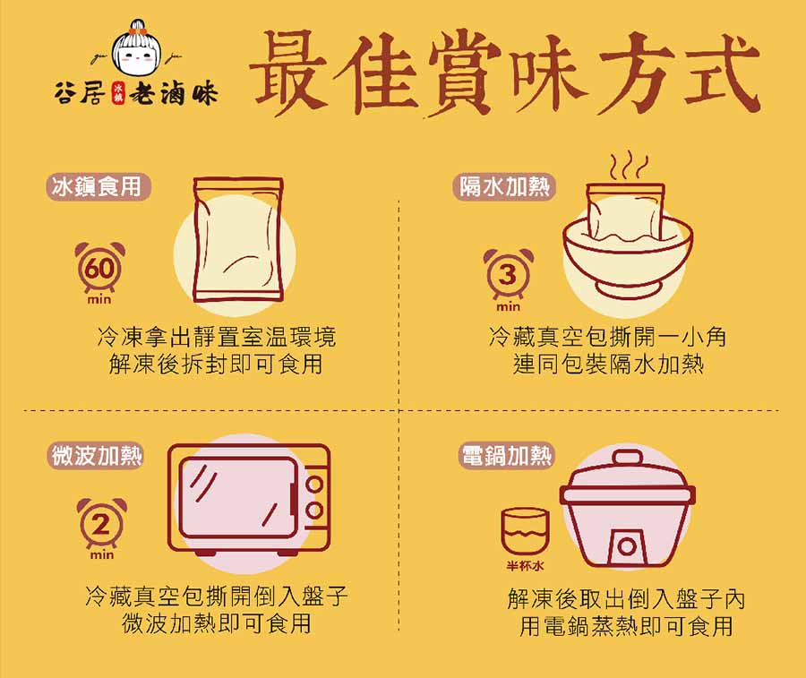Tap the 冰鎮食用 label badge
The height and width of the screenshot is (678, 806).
click(97, 186)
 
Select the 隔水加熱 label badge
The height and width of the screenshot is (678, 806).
click(504, 186)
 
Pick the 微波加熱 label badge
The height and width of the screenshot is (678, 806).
click(96, 456)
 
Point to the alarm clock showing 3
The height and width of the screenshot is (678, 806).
click(507, 274)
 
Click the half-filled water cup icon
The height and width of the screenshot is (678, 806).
click(525, 530)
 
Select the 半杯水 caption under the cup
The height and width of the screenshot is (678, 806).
click(525, 566)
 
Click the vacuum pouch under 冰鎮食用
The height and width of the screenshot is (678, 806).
click(238, 240)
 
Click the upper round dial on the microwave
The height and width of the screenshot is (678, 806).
click(314, 485)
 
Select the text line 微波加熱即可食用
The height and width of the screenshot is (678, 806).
click(216, 623)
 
